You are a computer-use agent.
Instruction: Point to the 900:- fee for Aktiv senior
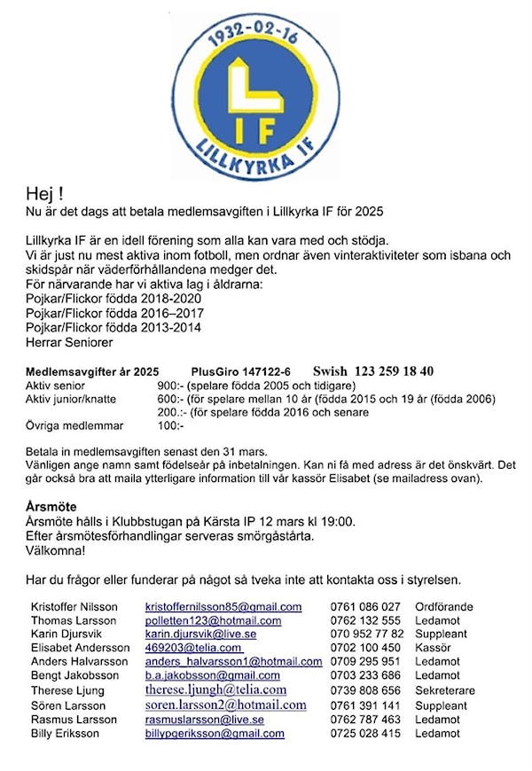[x=170, y=386]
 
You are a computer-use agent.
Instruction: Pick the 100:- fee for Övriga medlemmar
[x=170, y=426]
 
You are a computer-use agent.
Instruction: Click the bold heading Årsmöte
[x=51, y=507]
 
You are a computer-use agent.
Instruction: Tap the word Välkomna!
[x=56, y=550]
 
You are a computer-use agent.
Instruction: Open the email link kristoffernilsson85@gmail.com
[x=223, y=607]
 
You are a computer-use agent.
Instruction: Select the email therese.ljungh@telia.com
[x=215, y=689]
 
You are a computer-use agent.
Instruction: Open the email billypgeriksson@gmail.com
[x=215, y=734]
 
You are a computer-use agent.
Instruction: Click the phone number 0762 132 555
[x=365, y=621]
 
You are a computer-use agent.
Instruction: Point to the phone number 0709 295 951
[x=365, y=662]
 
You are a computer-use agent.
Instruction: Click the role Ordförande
[x=444, y=607]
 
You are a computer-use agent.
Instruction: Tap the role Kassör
[x=433, y=649]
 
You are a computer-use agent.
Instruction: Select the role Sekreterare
[x=445, y=690]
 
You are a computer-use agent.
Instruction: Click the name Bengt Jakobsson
[x=74, y=676]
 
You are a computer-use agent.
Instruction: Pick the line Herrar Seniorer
[x=70, y=341]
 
